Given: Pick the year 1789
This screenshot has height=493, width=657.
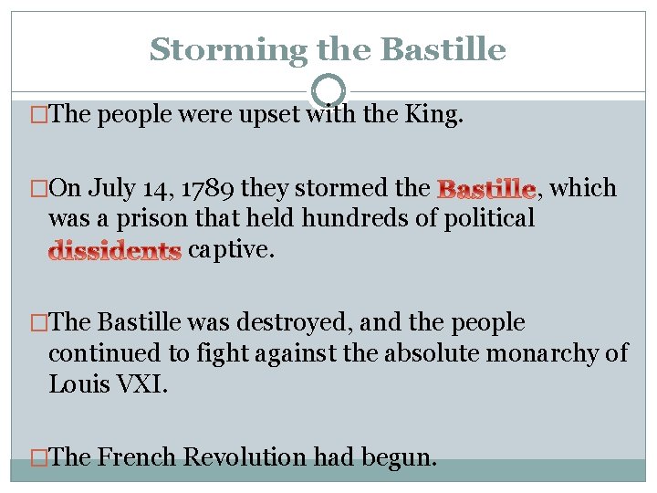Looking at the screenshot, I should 205,189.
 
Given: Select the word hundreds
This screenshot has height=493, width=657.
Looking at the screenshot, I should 351,218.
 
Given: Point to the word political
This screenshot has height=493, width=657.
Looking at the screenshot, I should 489,218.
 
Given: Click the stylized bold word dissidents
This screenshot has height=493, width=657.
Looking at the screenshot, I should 115,250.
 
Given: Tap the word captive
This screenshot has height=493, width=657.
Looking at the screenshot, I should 230,248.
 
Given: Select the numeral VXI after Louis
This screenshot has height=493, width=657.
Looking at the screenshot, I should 138,383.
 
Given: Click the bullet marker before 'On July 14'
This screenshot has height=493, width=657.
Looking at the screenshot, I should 38,189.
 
